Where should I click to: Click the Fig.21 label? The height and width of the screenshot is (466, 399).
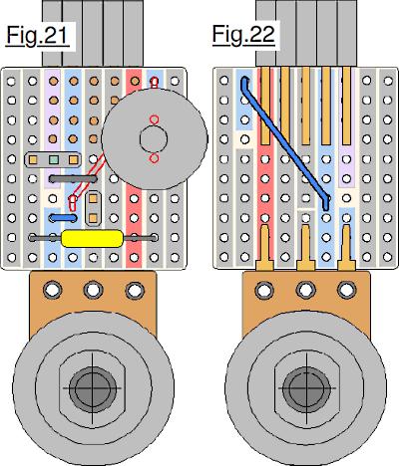click(38, 35)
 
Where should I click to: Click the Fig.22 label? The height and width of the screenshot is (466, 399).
click(243, 34)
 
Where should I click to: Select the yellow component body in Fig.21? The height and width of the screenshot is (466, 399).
click(92, 238)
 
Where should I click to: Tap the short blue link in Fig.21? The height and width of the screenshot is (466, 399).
click(63, 218)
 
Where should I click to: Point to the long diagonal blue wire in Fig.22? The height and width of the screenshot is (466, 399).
click(285, 142)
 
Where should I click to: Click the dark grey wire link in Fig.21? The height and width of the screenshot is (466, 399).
click(73, 179)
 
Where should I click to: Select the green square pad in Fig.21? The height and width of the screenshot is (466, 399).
click(53, 160)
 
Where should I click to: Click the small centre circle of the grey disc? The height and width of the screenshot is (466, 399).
click(154, 139)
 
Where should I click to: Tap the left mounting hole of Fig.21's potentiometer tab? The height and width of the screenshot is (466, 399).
click(52, 290)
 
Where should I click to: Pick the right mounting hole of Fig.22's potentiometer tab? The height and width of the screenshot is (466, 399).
click(346, 290)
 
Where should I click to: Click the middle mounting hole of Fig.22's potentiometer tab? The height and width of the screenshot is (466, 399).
click(305, 290)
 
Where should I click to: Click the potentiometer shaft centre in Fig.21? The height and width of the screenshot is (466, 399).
click(93, 388)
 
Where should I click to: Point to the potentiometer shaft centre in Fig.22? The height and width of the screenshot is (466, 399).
click(306, 388)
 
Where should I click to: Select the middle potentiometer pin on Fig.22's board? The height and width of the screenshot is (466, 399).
click(306, 247)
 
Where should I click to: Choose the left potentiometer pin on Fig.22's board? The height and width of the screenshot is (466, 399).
click(265, 247)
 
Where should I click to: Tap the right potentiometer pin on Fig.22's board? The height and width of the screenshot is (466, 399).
click(347, 247)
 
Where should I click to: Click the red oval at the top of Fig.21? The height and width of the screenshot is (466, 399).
click(155, 83)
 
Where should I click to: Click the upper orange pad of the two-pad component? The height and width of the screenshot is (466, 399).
click(93, 198)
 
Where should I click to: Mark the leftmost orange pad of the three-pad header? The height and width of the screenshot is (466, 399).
click(33, 160)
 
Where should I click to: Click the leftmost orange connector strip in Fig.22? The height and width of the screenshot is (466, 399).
click(265, 106)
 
